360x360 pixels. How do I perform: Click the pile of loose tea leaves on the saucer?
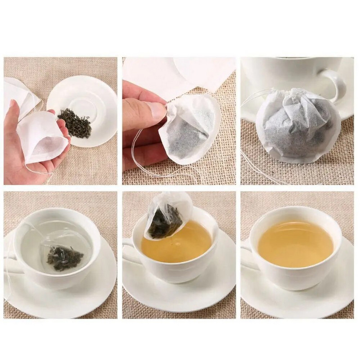(x=75, y=122)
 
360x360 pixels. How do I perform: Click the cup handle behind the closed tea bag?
(x=336, y=83)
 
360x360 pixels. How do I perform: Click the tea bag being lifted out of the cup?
(x=166, y=218)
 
